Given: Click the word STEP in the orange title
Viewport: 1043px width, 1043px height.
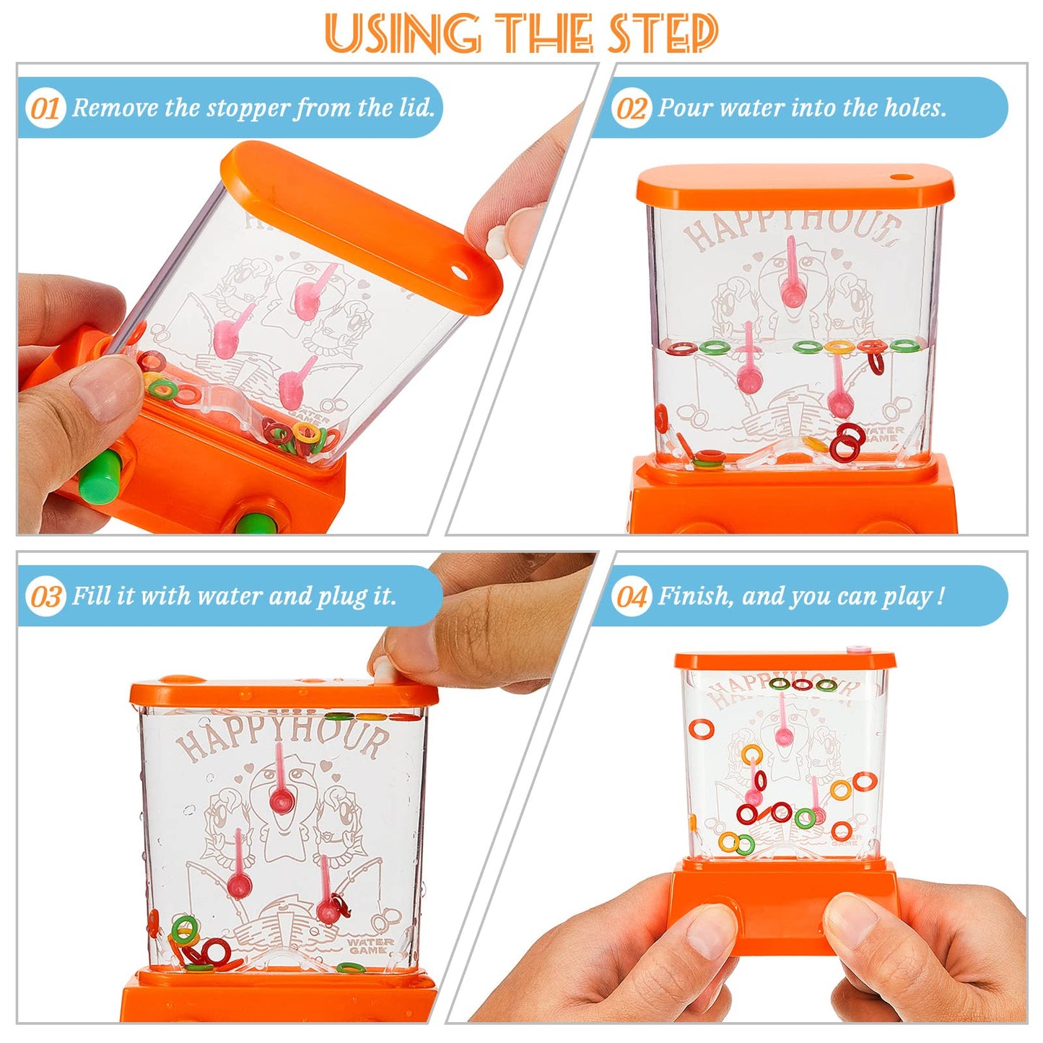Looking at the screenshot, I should [663, 33].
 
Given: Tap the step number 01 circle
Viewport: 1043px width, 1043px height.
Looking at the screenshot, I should [45, 108].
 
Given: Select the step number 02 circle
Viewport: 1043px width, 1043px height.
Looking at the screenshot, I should [631, 108].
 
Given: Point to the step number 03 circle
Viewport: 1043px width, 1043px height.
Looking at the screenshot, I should [45, 597].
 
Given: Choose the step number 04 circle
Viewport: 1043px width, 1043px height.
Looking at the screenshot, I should [631, 597].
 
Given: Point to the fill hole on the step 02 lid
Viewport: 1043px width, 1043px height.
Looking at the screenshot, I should [899, 177].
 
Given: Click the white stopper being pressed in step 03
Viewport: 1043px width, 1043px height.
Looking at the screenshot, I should [383, 671].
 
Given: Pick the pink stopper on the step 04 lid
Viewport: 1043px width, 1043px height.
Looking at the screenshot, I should [858, 649].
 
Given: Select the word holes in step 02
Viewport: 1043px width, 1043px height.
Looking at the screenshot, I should [914, 108].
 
